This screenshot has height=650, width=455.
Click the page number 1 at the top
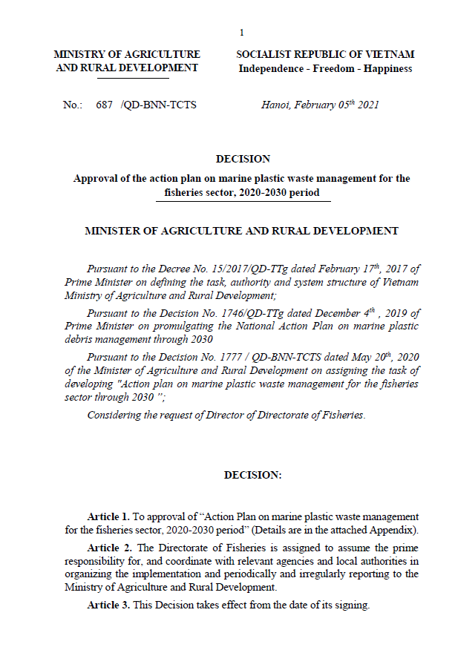[241, 33]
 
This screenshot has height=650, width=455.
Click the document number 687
[104, 105]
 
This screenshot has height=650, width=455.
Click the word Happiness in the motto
[387, 68]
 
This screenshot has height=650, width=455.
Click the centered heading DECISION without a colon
[243, 159]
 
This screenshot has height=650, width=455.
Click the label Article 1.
[109, 516]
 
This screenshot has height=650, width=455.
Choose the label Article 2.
[110, 548]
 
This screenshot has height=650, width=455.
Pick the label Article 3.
[109, 605]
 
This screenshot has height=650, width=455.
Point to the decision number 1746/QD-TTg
[252, 313]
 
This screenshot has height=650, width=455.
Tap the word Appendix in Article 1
[397, 530]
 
